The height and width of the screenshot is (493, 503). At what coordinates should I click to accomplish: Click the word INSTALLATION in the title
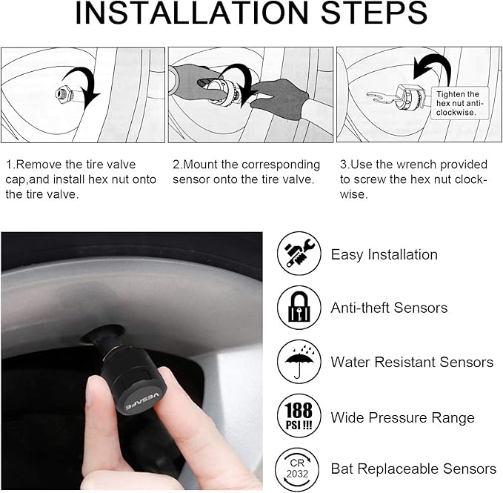(192, 12)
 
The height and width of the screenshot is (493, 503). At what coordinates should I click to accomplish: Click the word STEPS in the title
(373, 12)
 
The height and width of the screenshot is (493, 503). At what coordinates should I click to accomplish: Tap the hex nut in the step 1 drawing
(62, 94)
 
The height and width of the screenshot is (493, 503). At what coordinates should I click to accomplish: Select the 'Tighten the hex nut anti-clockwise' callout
(459, 103)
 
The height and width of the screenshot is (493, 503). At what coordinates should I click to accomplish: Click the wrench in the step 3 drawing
(382, 97)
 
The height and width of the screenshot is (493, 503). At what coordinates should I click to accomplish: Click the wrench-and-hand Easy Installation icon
(299, 254)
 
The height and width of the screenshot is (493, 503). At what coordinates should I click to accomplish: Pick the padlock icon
(299, 308)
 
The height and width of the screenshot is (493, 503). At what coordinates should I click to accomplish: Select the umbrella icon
(299, 362)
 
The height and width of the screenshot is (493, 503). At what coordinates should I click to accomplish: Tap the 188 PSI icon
(299, 416)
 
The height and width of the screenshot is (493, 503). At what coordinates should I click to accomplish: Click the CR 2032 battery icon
(297, 469)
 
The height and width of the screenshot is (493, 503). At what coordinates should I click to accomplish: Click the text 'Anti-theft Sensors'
(389, 308)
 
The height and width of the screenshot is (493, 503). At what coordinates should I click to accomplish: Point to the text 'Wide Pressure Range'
(402, 417)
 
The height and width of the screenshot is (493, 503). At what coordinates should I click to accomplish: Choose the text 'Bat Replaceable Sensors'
(413, 469)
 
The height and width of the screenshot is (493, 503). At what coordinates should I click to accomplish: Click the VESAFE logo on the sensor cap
(142, 401)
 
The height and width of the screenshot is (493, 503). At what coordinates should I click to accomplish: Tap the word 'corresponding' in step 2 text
(281, 165)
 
